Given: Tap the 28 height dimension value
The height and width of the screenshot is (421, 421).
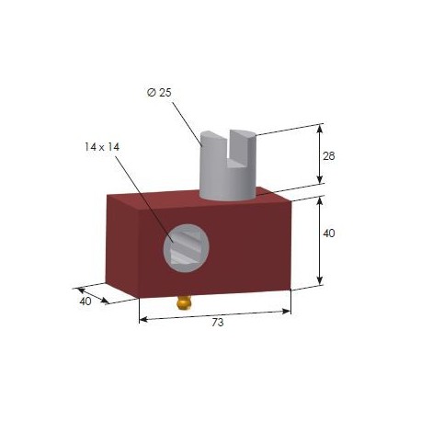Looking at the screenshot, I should pyautogui.click(x=329, y=155).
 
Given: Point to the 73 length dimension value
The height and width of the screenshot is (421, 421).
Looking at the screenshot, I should pyautogui.click(x=217, y=323).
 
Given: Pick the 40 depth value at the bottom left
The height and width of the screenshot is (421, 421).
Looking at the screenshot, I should pyautogui.click(x=85, y=300).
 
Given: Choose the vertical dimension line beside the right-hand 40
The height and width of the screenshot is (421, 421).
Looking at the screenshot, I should pyautogui.click(x=319, y=241).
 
